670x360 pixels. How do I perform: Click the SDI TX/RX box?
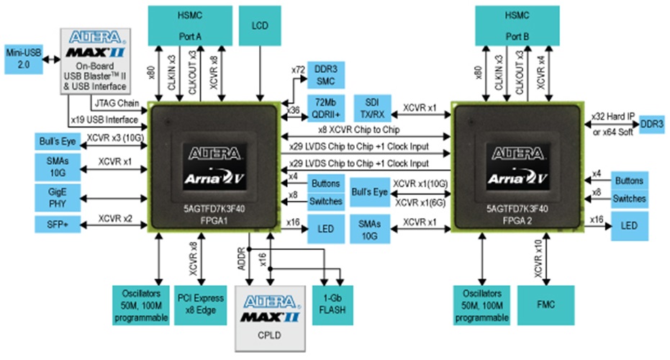point(373,107)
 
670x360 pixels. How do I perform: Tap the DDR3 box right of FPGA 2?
point(651,123)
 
